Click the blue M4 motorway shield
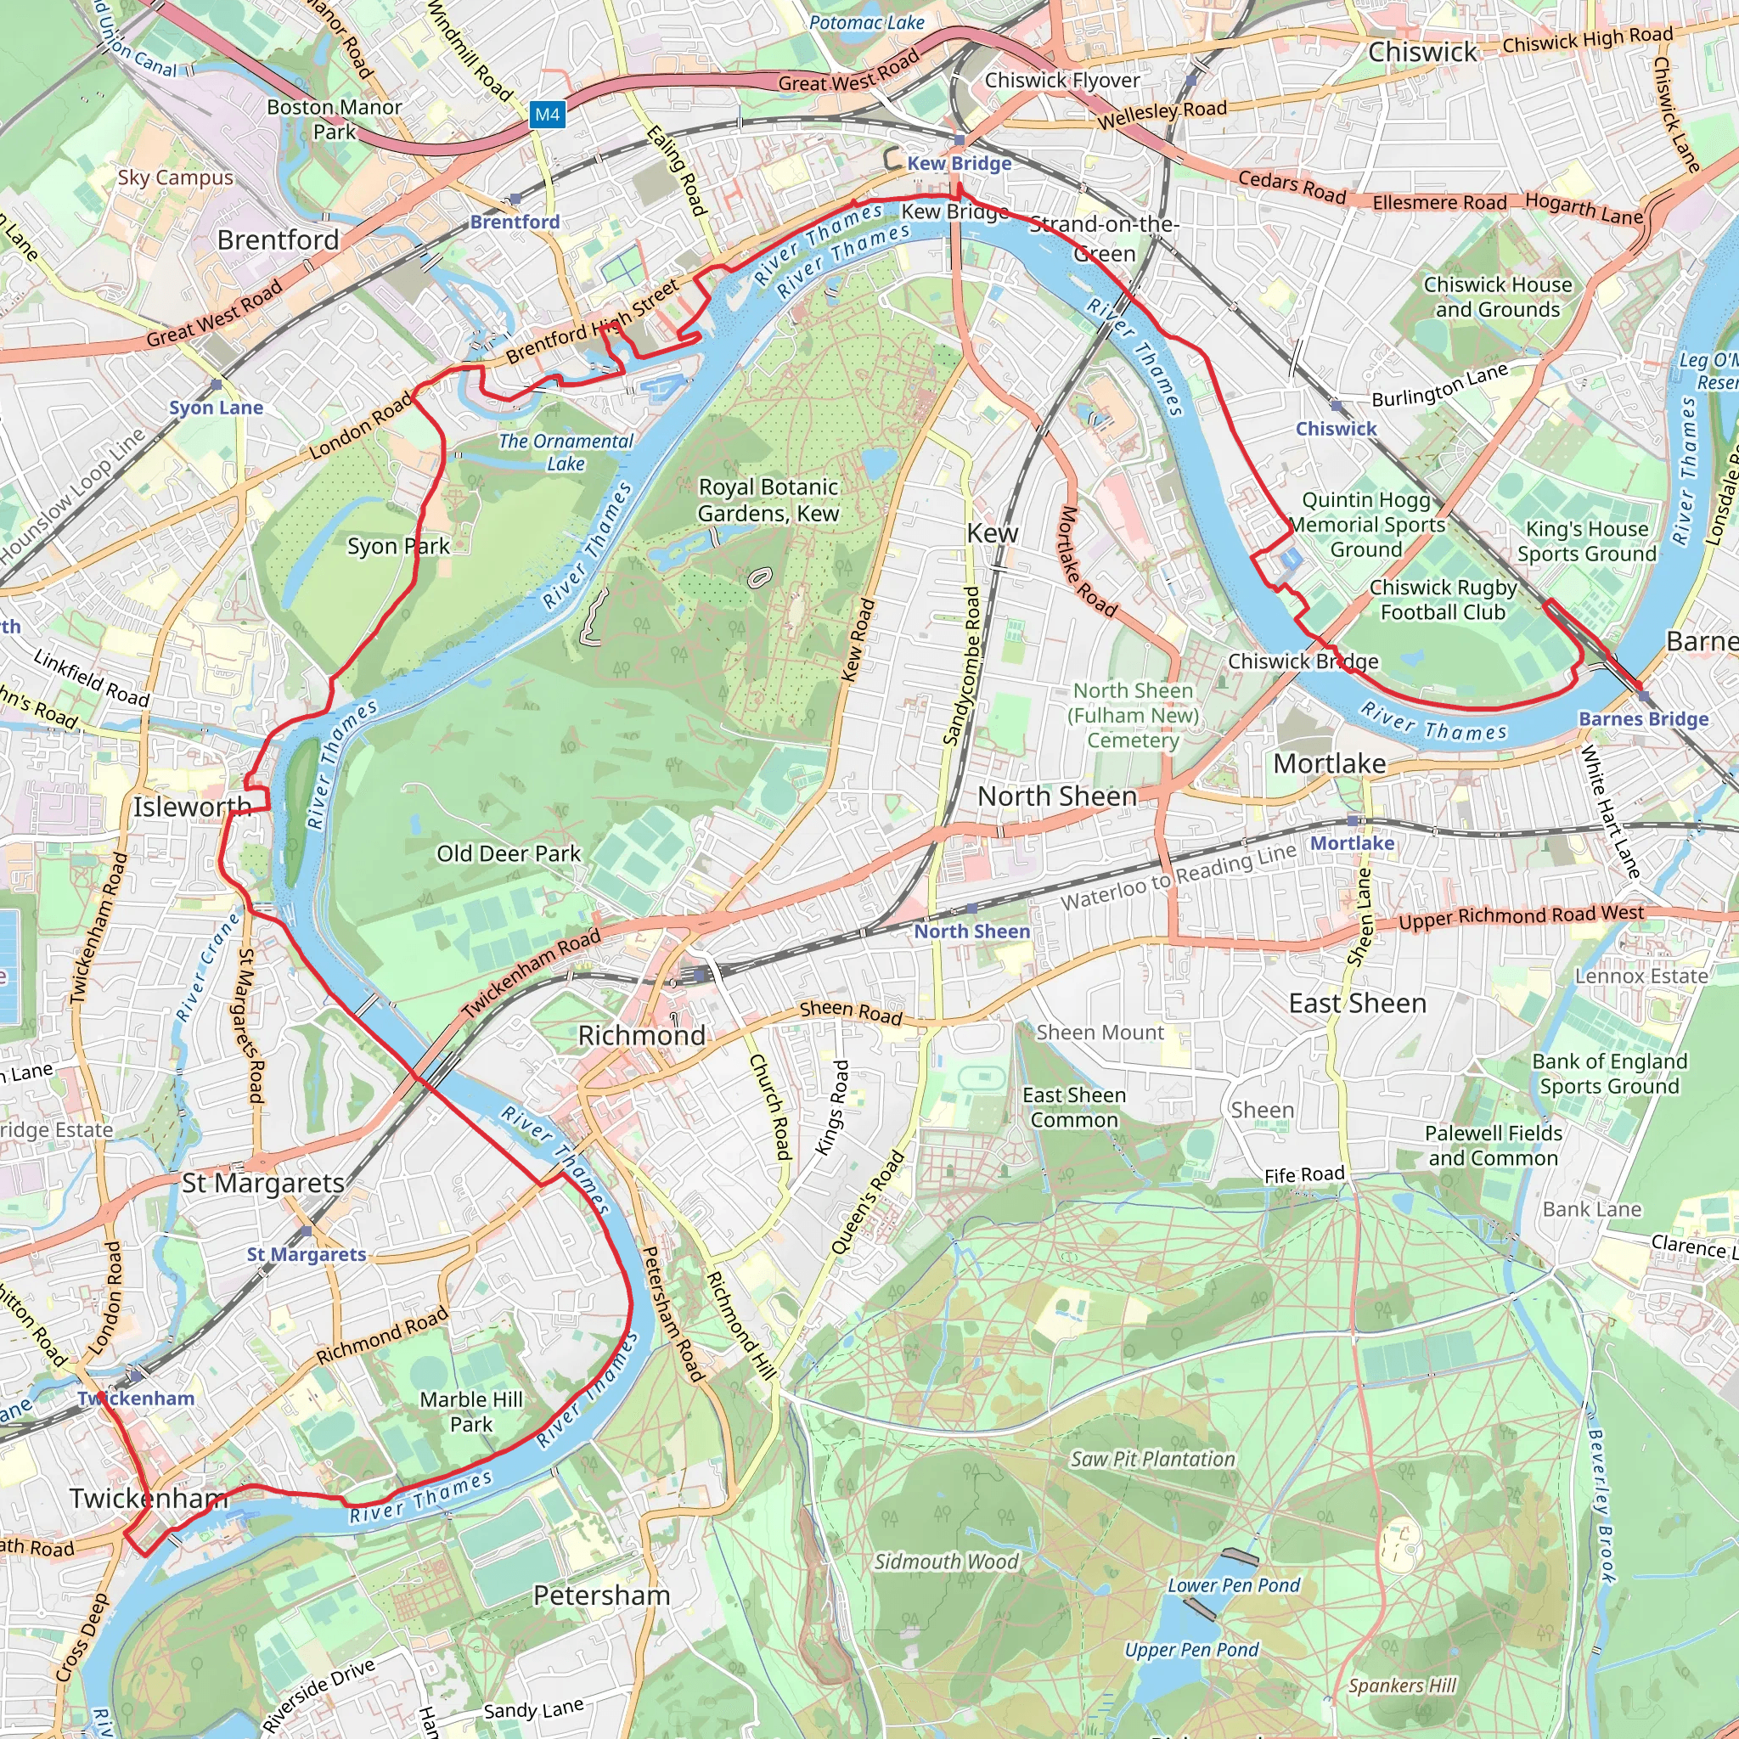click(x=548, y=115)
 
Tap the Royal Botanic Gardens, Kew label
click(x=768, y=499)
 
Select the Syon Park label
click(x=398, y=546)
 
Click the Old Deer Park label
click(x=509, y=853)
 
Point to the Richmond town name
click(x=641, y=1035)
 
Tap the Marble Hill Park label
click(x=470, y=1411)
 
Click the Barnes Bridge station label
click(x=1643, y=718)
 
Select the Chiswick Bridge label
click(x=1303, y=661)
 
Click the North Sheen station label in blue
click(x=971, y=931)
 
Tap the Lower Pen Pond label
click(x=1233, y=1584)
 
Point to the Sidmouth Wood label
click(x=946, y=1561)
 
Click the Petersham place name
click(x=601, y=1595)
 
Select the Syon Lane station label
click(x=216, y=407)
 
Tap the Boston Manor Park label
click(x=334, y=119)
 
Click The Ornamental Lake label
click(x=566, y=452)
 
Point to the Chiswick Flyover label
click(x=1061, y=80)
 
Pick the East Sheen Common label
click(x=1073, y=1107)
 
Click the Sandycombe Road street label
click(x=961, y=666)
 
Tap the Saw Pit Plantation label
click(x=1152, y=1459)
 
